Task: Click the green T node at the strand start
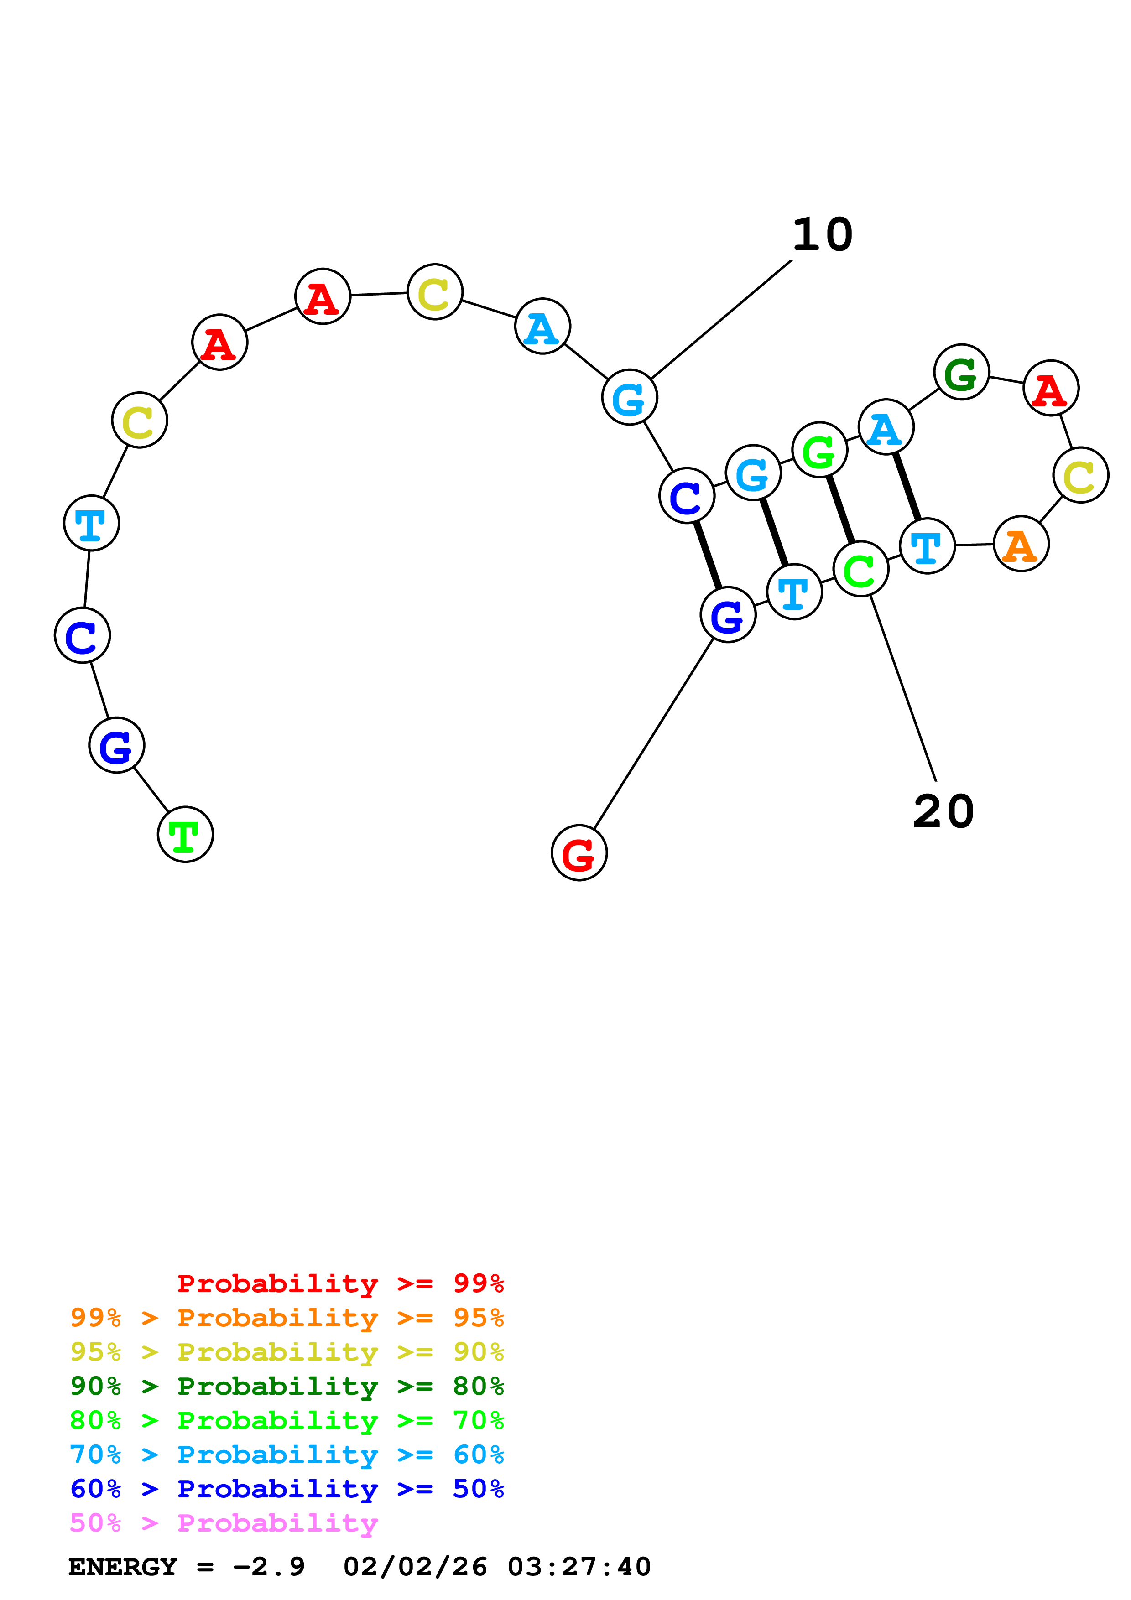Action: [185, 834]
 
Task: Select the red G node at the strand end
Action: [579, 853]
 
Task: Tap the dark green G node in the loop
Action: [962, 372]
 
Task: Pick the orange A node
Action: [1021, 544]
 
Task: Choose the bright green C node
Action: [860, 569]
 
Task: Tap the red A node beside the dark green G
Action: [1051, 388]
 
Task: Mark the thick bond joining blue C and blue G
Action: [707, 556]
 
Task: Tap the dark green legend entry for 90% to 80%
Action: [287, 1386]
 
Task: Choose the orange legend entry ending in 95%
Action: [287, 1318]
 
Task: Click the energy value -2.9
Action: [269, 1567]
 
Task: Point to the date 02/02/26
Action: [415, 1567]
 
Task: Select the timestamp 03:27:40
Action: [579, 1567]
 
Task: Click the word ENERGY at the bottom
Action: [123, 1567]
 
